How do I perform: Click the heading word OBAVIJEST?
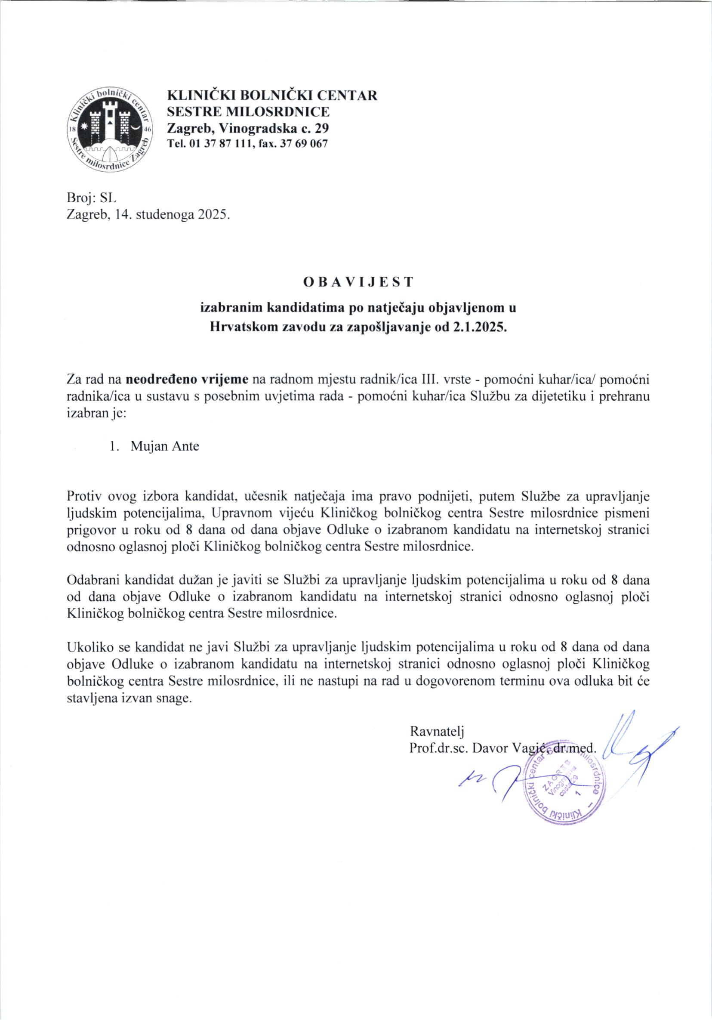(x=358, y=281)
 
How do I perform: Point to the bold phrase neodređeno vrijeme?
(x=188, y=380)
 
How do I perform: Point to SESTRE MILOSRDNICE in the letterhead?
(x=248, y=111)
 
